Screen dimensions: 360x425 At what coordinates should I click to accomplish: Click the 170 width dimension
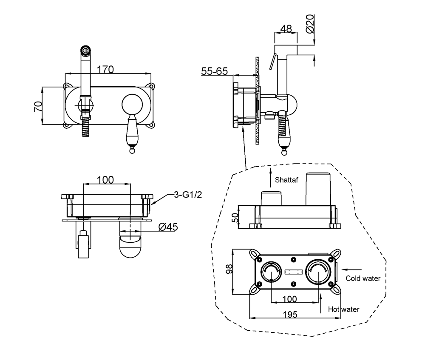click(x=105, y=69)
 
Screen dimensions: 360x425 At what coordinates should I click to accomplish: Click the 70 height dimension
click(x=38, y=106)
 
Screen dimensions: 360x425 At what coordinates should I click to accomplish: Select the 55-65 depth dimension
click(x=214, y=71)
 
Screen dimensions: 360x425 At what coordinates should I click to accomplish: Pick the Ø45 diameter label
click(x=167, y=228)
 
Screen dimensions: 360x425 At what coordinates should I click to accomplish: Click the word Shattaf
click(x=287, y=180)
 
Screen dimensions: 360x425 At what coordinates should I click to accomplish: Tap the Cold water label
click(x=363, y=279)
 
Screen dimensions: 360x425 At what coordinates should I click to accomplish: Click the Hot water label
click(x=344, y=309)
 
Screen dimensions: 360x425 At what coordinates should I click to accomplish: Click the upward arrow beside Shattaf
click(x=270, y=176)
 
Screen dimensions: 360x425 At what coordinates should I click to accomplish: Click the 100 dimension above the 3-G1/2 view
click(x=105, y=180)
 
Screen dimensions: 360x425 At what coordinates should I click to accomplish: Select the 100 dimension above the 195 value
click(x=290, y=299)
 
